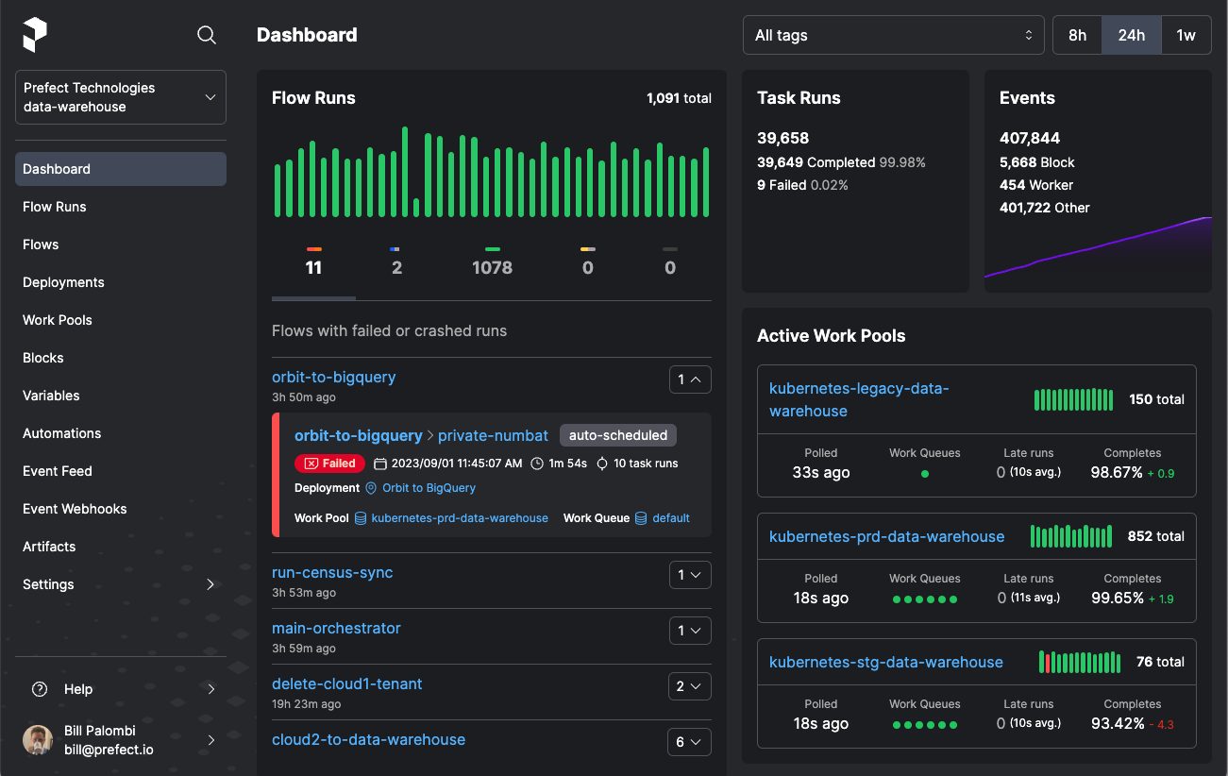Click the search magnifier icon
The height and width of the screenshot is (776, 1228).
tap(207, 35)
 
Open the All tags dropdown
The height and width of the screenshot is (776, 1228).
tap(893, 36)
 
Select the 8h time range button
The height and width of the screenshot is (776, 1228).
tap(1077, 36)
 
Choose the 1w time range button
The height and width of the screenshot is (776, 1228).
tap(1186, 36)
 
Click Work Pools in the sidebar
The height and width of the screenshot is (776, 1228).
tap(58, 320)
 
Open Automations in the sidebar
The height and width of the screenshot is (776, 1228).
tap(62, 433)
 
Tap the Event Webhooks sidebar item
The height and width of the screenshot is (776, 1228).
tap(75, 509)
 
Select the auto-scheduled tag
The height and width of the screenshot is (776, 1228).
tap(617, 435)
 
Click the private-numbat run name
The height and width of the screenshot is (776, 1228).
tap(493, 435)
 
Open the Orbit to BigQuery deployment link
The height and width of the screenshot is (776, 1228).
tap(429, 488)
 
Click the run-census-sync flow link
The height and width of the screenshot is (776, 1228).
tap(332, 572)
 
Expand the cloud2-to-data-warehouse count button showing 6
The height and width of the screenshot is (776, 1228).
tap(689, 741)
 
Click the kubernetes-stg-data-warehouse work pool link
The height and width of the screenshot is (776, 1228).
tap(886, 662)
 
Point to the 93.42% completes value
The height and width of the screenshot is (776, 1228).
tap(1117, 723)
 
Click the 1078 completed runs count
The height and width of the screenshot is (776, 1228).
tap(492, 268)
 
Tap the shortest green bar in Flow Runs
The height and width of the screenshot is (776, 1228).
tap(416, 208)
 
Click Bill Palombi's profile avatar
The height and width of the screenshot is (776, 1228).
tap(38, 740)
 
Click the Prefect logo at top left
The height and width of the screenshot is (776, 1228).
tap(35, 35)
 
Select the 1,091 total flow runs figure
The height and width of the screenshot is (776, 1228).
tap(679, 98)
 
